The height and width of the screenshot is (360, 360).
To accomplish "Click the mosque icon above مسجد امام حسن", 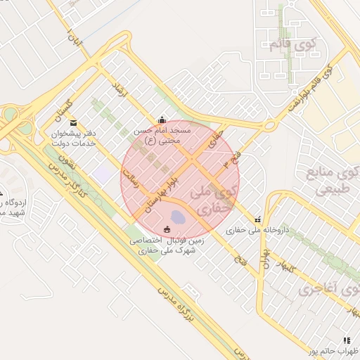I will coord(163,119).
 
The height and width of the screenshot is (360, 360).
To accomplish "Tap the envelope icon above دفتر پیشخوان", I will coord(74,122).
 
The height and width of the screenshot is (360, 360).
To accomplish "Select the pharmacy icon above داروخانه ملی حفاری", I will coord(257,219).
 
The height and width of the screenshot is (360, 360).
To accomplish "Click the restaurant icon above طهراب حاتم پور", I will coord(345,340).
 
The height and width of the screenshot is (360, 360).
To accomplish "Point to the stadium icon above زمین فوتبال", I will coord(167,229).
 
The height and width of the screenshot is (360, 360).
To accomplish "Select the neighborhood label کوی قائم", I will coord(293,44).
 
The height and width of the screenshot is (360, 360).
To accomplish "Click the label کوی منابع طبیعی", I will coord(333,180).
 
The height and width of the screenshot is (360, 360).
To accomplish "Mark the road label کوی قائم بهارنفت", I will coord(310,89).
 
